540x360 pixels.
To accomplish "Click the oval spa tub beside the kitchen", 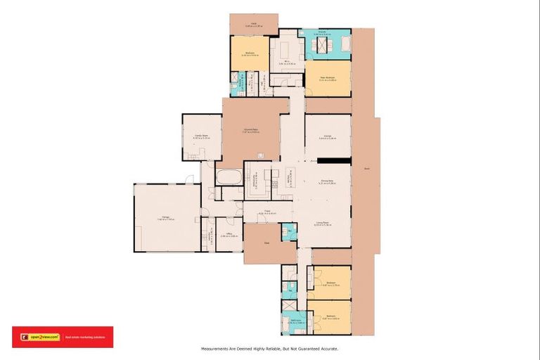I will [x=228, y=176].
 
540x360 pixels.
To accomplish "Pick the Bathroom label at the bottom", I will [x=296, y=323].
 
